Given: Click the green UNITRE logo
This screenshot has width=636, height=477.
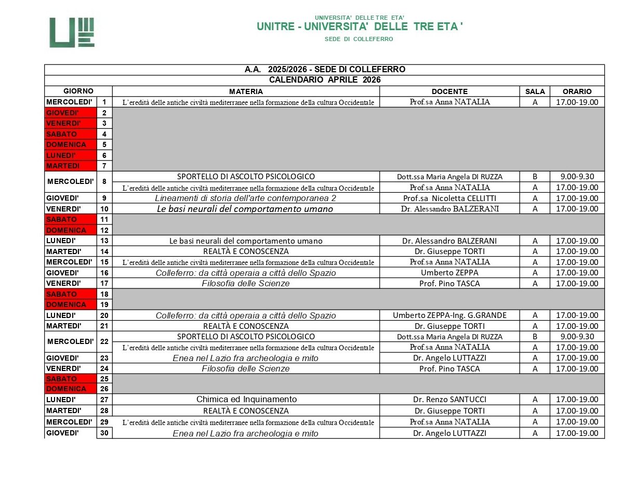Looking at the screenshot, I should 72,33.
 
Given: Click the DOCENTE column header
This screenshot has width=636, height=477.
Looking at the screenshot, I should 449,91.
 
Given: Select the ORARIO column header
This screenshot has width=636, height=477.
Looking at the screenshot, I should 577,91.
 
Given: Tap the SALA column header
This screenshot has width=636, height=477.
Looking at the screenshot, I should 535,91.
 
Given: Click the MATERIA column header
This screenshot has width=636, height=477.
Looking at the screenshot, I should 246,91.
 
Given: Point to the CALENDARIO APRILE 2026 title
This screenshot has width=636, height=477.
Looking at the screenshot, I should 325,80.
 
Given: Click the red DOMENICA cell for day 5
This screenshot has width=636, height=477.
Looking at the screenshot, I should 71,144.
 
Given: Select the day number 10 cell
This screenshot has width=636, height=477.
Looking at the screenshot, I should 104,209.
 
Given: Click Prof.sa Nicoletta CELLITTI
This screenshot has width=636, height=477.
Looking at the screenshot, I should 449,198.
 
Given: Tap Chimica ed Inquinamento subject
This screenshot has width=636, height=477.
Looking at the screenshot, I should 246,400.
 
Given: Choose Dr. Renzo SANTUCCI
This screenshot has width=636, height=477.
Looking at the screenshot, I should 449,400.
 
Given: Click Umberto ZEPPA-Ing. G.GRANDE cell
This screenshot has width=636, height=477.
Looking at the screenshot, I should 449,315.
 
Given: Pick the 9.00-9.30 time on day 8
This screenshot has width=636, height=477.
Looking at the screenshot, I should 577,177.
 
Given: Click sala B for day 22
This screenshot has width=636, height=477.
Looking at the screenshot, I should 535,336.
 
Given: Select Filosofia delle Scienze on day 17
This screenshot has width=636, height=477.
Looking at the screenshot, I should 246,283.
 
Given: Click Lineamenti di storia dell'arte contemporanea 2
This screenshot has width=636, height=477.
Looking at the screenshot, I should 246,198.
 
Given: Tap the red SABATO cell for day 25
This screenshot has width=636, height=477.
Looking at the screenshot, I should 71,379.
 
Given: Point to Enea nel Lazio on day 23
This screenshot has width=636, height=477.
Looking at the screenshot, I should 246,358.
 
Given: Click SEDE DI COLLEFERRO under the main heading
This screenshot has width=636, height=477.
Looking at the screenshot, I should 359,39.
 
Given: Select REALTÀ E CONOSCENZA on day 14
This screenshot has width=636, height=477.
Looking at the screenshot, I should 246,251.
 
